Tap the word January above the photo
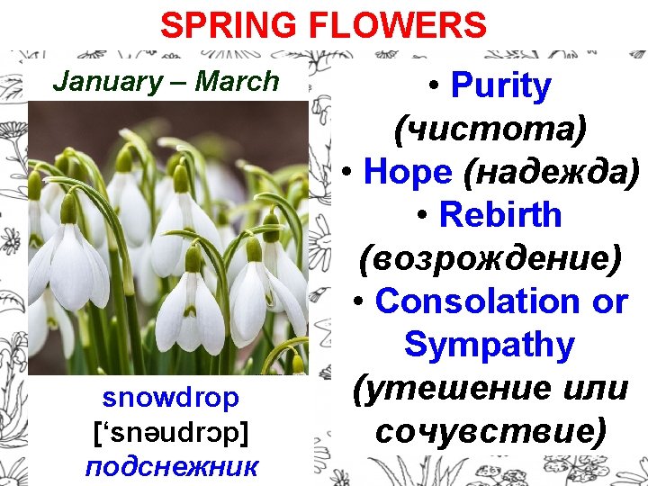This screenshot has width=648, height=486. (107, 82)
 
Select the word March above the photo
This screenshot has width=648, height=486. (238, 82)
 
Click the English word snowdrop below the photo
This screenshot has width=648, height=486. (171, 398)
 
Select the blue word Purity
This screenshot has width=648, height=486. (501, 86)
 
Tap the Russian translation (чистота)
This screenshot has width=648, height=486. (490, 130)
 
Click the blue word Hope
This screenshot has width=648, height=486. (408, 172)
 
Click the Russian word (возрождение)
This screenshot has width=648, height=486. (490, 258)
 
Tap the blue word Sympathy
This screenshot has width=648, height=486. (490, 345)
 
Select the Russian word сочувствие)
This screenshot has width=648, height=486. (490, 431)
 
